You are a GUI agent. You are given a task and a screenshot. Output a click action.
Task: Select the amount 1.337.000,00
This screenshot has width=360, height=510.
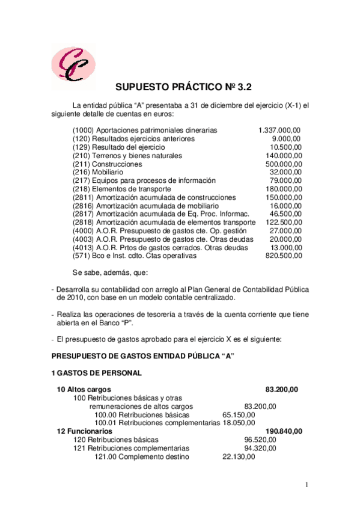(279, 130)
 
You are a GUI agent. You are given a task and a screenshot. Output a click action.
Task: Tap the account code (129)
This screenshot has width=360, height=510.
(82, 147)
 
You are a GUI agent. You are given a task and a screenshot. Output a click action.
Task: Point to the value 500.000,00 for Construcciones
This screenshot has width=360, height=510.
(284, 164)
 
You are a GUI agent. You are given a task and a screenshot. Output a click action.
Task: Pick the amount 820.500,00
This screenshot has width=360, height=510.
(284, 256)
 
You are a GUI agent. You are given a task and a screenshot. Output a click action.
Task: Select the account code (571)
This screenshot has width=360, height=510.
(82, 256)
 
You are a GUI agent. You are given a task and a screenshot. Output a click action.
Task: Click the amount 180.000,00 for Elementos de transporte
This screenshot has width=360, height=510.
(284, 189)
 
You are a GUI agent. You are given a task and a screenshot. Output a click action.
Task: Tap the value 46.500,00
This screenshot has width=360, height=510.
(285, 214)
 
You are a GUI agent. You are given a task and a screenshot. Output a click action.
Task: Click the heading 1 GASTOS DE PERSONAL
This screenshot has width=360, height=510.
(97, 373)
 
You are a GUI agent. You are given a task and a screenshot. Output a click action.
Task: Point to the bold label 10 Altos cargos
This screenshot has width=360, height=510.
(84, 389)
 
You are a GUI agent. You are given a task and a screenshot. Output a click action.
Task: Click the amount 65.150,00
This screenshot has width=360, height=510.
(239, 414)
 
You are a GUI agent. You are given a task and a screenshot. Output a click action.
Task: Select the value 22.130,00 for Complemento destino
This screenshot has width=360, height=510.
(239, 456)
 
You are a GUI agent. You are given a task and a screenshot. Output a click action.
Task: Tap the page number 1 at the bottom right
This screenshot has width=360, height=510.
(306, 485)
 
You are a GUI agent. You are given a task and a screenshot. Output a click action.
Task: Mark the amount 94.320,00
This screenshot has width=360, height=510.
(260, 448)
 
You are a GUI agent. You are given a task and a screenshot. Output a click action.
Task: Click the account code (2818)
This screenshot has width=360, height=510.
(84, 222)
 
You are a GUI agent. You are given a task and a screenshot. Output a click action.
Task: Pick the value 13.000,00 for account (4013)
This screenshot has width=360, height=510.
(285, 247)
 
